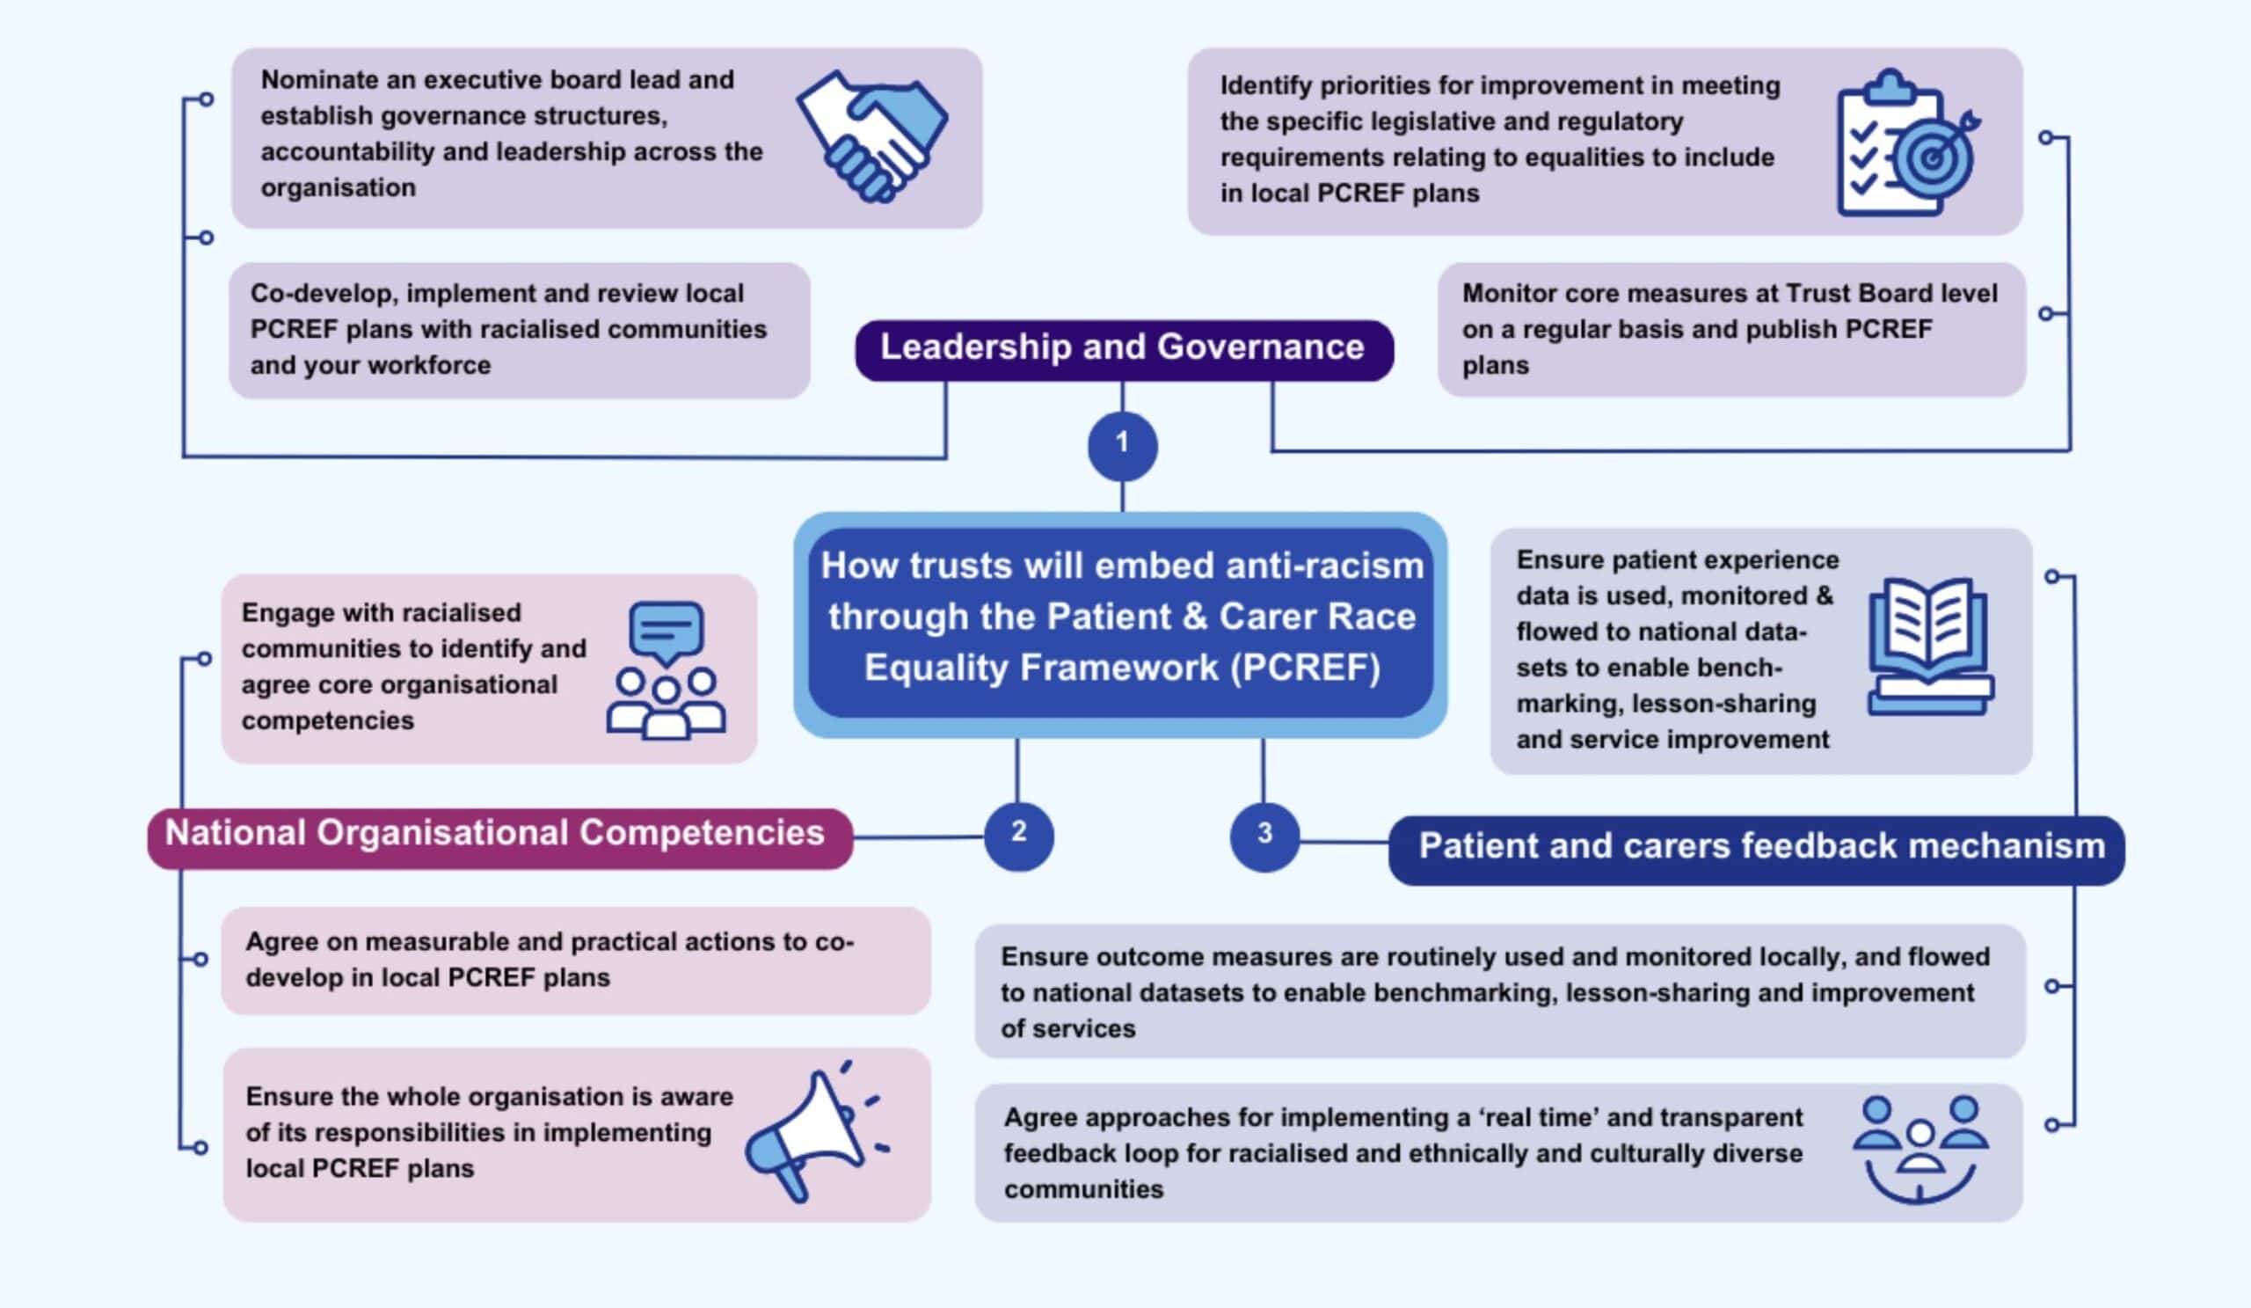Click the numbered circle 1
1122,445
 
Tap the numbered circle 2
1018,836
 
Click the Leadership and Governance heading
1123,348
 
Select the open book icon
1929,645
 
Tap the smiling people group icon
1919,1149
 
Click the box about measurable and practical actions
575,961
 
